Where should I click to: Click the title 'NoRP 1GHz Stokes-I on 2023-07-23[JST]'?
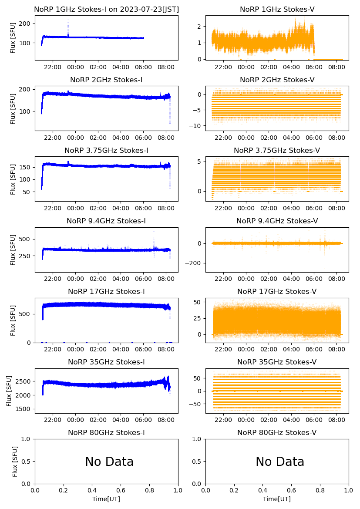pos(106,9)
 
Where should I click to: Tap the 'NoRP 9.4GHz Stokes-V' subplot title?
pos(277,221)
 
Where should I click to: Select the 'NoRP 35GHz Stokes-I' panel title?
pos(106,362)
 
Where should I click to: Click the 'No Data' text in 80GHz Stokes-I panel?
pos(109,462)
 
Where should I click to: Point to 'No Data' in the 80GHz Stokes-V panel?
pos(280,462)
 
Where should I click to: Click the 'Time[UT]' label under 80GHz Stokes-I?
pos(106,499)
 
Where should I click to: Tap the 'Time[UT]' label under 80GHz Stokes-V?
pos(277,499)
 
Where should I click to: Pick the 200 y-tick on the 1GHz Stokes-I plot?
pos(26,23)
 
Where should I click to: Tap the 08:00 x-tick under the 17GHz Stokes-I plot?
pos(166,349)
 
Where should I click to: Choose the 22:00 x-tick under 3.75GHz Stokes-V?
pos(223,208)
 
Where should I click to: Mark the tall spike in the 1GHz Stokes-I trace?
pos(68,24)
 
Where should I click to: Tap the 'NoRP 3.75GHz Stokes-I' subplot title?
pos(106,150)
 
